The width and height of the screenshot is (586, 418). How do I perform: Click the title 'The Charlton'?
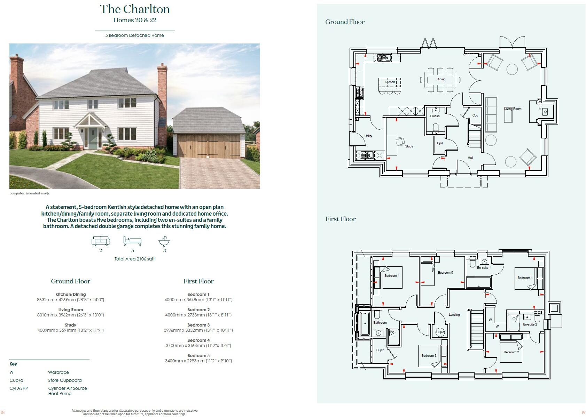[x=134, y=9]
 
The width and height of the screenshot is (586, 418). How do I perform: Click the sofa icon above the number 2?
[x=101, y=241]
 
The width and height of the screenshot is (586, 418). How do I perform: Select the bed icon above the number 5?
[x=132, y=241]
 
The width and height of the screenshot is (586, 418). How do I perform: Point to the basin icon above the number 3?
[x=164, y=241]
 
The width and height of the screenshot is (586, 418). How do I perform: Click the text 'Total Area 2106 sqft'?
[x=134, y=259]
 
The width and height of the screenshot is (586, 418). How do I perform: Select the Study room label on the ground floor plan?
[x=409, y=146]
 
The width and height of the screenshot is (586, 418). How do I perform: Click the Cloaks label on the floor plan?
[x=435, y=116]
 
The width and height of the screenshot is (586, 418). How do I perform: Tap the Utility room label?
[x=368, y=136]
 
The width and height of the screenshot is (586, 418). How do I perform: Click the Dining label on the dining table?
[x=441, y=79]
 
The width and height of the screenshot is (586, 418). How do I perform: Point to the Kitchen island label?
[x=390, y=82]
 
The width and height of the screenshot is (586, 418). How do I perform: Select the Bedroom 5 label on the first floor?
[x=445, y=273]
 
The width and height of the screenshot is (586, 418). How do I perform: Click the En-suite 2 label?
[x=530, y=324]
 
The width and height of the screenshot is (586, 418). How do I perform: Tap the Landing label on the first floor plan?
[x=454, y=315]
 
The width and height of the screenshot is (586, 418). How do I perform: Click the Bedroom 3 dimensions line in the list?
[x=198, y=330]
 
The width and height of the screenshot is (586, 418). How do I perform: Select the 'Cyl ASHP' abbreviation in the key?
[x=19, y=388]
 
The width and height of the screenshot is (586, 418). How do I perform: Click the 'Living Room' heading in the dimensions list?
[x=70, y=310]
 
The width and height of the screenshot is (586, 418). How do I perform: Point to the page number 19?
[x=583, y=412]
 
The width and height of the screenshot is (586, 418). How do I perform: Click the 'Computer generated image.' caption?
[x=30, y=193]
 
